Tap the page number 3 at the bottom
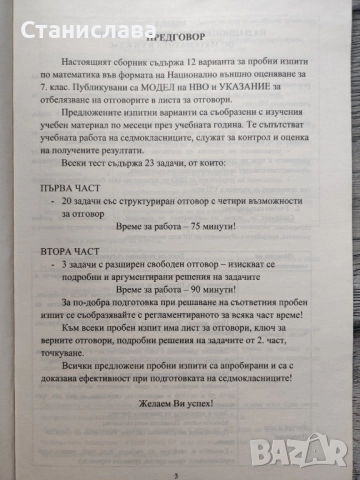[176, 476]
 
